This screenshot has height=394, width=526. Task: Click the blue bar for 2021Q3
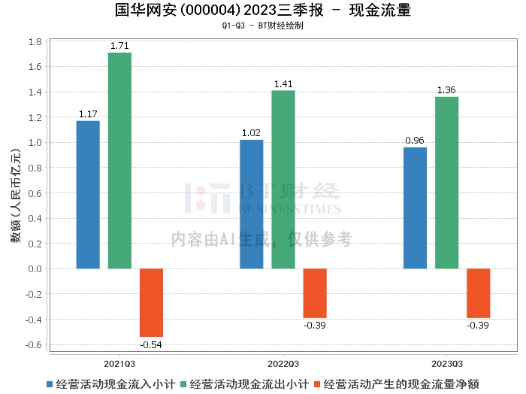pyautogui.click(x=88, y=195)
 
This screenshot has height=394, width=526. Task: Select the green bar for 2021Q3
pyautogui.click(x=119, y=160)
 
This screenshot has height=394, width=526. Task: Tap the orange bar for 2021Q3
pyautogui.click(x=151, y=302)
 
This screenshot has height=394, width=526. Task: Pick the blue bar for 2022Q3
pyautogui.click(x=252, y=204)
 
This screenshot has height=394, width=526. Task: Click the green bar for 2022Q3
pyautogui.click(x=283, y=180)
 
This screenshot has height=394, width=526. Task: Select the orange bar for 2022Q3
pyautogui.click(x=315, y=293)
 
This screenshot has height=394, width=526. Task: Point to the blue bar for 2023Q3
pyautogui.click(x=415, y=208)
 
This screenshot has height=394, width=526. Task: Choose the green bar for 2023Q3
pyautogui.click(x=446, y=183)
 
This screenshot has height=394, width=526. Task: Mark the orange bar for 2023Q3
pyautogui.click(x=478, y=293)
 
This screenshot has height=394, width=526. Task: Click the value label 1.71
pyautogui.click(x=119, y=46)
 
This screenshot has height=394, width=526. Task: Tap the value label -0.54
pyautogui.click(x=151, y=344)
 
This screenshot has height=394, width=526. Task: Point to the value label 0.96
pyautogui.click(x=415, y=141)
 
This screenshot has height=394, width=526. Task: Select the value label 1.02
pyautogui.click(x=252, y=133)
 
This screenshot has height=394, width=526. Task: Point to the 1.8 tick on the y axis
pyautogui.click(x=35, y=42)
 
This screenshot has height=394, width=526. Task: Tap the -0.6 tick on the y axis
pyautogui.click(x=33, y=345)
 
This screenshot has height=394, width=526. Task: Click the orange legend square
pyautogui.click(x=318, y=383)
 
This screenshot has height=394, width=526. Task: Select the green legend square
pyautogui.click(x=184, y=383)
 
